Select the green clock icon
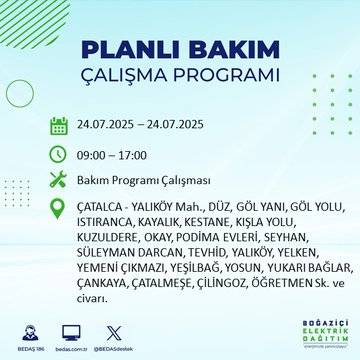click(x=59, y=155)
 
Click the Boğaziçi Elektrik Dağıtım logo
click(x=312, y=333)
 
